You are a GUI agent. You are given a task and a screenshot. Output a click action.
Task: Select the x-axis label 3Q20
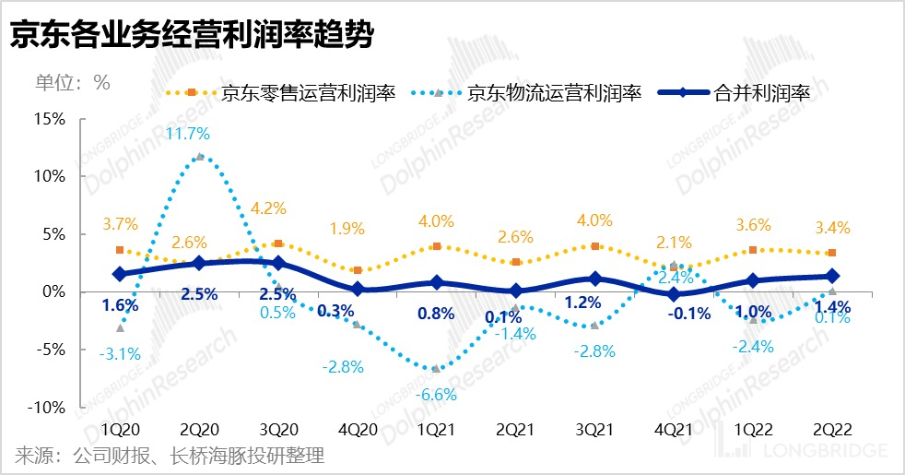tap(278, 431)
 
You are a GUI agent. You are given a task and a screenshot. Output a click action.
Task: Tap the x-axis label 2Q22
tap(832, 431)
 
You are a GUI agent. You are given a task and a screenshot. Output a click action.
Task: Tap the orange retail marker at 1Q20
tap(120, 250)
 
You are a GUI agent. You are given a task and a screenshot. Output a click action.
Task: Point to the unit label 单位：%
tap(73, 81)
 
